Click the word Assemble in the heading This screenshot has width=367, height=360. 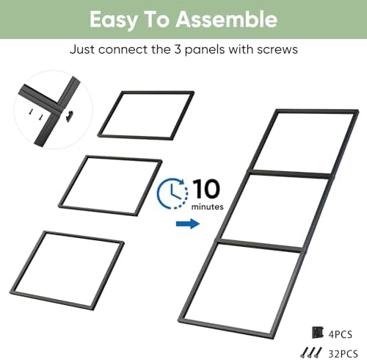pos(227,19)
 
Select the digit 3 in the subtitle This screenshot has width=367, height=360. pos(178,49)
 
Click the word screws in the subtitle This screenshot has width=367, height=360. pos(277,50)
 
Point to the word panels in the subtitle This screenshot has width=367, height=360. pos(205,50)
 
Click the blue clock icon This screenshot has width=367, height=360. pos(172,193)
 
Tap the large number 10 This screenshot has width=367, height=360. pos(207,189)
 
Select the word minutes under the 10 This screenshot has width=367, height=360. pos(208,206)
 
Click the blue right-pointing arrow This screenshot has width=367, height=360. pos(188,223)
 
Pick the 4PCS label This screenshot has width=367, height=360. pos(341,334)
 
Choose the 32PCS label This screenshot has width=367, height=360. pos(343,353)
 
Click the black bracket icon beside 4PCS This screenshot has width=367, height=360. pos(318,332)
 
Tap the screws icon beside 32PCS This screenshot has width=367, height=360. pos(311,353)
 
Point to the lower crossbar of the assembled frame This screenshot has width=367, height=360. pos(260,245)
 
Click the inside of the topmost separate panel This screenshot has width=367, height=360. pos(146,115)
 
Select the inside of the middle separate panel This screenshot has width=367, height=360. pos(110,185)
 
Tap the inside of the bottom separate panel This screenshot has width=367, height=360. pos(67,270)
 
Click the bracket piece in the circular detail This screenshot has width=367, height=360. pos(70,116)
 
